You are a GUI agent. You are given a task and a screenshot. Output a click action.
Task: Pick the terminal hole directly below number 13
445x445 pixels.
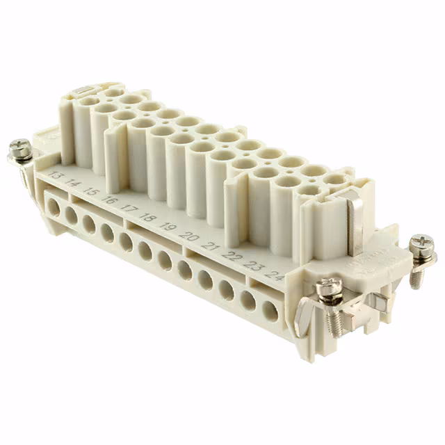[53, 206]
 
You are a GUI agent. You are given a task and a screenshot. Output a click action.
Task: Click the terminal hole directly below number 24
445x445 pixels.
[270, 311]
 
